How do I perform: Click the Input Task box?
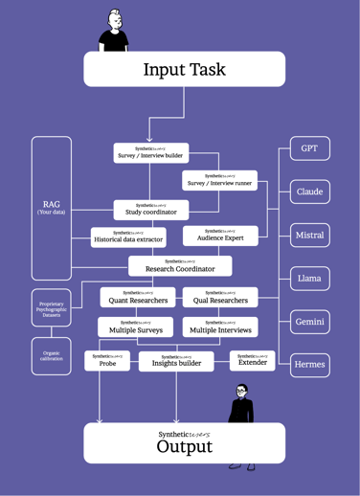click(x=184, y=69)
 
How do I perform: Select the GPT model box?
click(x=309, y=149)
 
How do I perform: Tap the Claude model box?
click(x=309, y=192)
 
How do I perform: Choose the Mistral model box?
click(x=309, y=235)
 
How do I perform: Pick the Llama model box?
click(x=309, y=279)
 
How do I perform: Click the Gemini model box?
click(x=309, y=322)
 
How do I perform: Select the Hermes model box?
click(x=309, y=365)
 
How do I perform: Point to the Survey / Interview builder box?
click(x=150, y=152)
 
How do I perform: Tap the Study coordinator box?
click(x=150, y=210)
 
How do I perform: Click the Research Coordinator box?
click(x=180, y=266)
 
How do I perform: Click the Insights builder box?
click(x=176, y=361)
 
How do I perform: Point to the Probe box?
click(x=107, y=361)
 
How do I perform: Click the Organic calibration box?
click(x=51, y=356)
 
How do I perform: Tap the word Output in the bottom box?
click(x=184, y=447)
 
